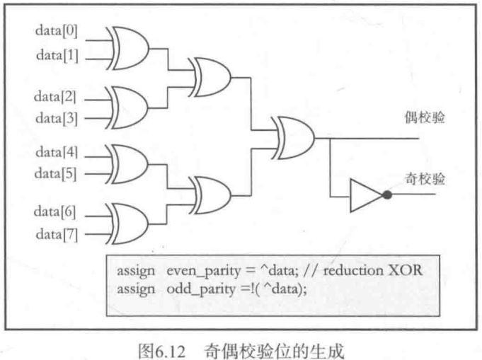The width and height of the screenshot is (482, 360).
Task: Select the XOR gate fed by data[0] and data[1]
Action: pyautogui.click(x=128, y=46)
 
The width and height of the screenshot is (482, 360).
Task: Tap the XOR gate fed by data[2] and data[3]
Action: pyautogui.click(x=128, y=105)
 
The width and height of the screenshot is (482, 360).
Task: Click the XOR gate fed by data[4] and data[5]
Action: pyautogui.click(x=128, y=163)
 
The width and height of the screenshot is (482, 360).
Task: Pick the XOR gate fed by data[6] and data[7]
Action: pyautogui.click(x=128, y=221)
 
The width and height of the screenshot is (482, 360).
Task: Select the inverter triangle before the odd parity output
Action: pyautogui.click(x=365, y=194)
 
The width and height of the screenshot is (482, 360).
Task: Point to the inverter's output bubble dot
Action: pyautogui.click(x=386, y=194)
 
